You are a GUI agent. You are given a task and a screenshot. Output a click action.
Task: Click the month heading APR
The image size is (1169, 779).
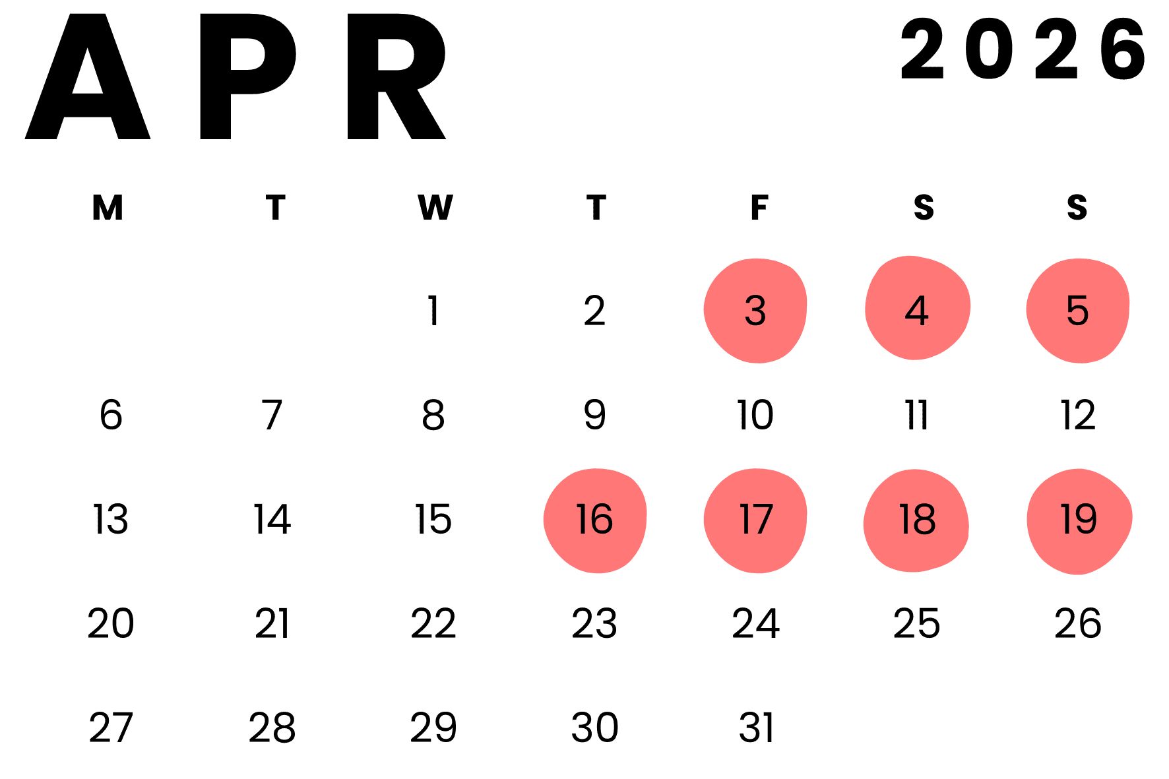click(236, 78)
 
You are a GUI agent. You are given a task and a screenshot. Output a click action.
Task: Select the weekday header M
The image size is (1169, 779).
click(108, 208)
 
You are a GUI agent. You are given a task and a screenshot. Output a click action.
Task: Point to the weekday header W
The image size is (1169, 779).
click(435, 208)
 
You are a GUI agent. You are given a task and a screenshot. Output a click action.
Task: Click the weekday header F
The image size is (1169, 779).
click(759, 208)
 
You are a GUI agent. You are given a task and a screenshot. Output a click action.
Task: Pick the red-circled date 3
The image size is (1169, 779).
click(755, 311)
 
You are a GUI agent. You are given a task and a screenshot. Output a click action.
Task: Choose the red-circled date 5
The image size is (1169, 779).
click(1077, 311)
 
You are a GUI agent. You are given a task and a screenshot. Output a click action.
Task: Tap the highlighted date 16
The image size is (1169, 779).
click(594, 520)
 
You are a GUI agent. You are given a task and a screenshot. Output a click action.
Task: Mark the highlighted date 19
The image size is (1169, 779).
click(1079, 520)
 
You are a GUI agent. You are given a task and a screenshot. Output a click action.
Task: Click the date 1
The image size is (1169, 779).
click(433, 311)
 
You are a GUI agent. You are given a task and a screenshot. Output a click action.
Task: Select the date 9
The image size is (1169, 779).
click(594, 416)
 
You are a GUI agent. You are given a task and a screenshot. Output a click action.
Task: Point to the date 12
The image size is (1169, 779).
click(1078, 416)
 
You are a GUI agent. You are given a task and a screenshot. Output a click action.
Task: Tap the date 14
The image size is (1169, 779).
click(272, 520)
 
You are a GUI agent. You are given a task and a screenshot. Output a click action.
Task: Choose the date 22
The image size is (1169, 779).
click(433, 624)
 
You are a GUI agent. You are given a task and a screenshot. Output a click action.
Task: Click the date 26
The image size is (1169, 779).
click(1078, 624)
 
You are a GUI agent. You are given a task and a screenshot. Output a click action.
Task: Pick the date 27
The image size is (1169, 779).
click(111, 728)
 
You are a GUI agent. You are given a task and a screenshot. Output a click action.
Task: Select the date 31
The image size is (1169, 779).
click(755, 728)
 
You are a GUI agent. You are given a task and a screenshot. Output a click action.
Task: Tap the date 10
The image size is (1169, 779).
click(755, 416)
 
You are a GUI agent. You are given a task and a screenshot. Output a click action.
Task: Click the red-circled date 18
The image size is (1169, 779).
click(917, 520)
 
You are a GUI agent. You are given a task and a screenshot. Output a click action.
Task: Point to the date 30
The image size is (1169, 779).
click(594, 728)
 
